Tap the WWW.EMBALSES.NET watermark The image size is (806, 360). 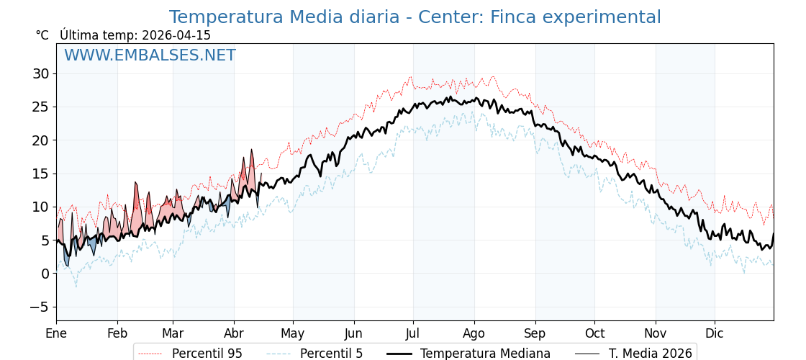(x=150, y=55)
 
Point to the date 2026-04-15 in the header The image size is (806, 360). (x=176, y=35)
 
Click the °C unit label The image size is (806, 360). (x=42, y=35)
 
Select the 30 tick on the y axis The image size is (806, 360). (x=40, y=73)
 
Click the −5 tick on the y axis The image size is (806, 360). (x=38, y=307)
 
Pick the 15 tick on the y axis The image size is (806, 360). (x=40, y=174)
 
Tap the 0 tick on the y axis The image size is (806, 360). (x=45, y=274)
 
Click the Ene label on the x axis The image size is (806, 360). (x=56, y=333)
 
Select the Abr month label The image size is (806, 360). (x=234, y=333)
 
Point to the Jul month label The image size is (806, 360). (x=413, y=333)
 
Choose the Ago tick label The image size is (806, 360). (x=474, y=333)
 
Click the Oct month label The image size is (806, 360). (x=594, y=333)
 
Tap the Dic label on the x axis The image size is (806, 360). (x=715, y=333)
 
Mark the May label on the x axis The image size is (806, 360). (x=293, y=333)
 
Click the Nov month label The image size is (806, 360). (x=656, y=333)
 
